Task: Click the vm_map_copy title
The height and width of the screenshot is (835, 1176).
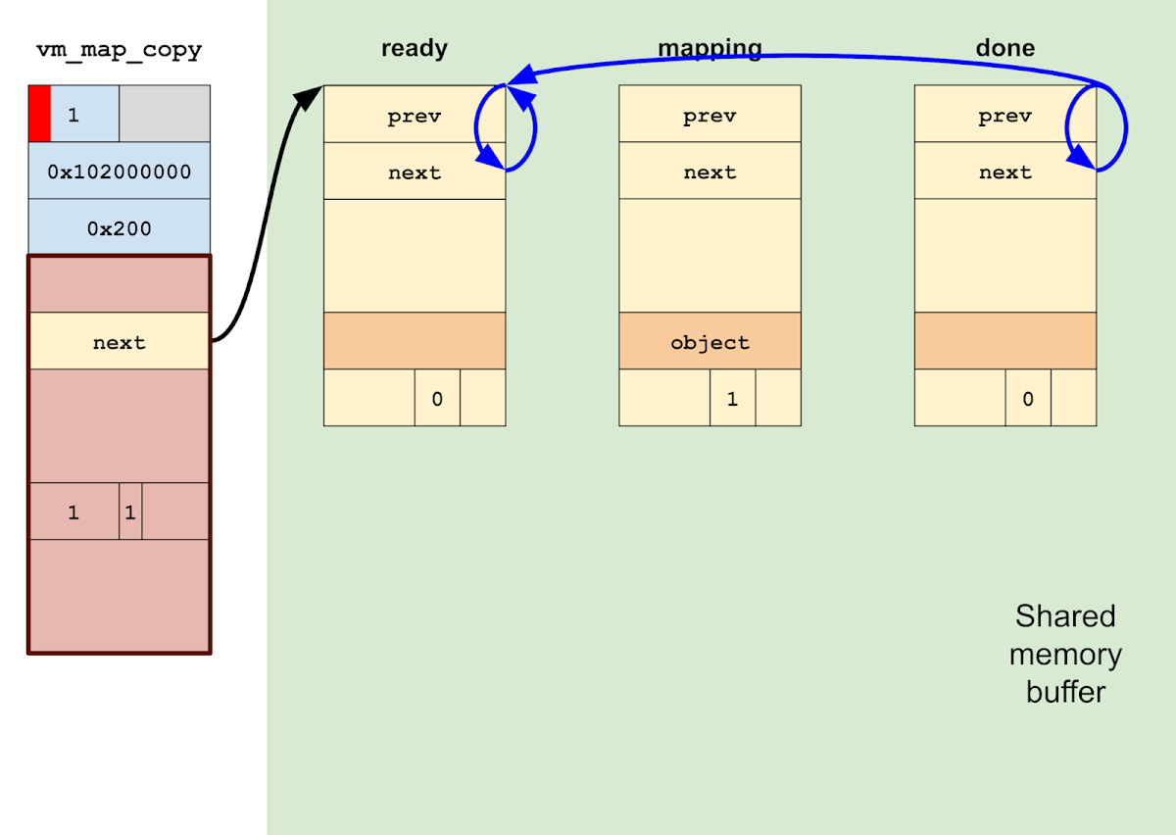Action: [x=119, y=50]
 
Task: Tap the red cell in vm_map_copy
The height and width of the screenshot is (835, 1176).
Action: [x=39, y=114]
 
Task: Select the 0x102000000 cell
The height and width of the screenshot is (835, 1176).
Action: [x=119, y=172]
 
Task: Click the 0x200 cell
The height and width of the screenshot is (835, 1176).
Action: [x=119, y=228]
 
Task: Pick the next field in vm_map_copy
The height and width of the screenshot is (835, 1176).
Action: [x=119, y=342]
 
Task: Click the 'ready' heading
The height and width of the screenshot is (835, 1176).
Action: [x=414, y=48]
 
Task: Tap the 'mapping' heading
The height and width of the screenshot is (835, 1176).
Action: [x=710, y=48]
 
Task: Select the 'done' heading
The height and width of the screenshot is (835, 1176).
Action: [x=1004, y=48]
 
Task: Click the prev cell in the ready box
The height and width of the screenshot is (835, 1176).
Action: [x=414, y=116]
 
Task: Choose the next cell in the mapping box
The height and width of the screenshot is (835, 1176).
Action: [x=710, y=172]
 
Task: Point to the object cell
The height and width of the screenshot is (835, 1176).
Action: [x=710, y=342]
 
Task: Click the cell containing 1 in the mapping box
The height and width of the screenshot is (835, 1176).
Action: [x=732, y=399]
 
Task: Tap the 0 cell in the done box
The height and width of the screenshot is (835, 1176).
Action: [x=1027, y=399]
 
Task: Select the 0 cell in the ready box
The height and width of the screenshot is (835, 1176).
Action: [x=437, y=399]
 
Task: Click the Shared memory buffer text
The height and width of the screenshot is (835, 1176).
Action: [x=1065, y=654]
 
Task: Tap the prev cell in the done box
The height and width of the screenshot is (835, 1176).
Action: [x=1004, y=116]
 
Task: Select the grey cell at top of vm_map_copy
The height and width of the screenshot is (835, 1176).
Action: [x=164, y=114]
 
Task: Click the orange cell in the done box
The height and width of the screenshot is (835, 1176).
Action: [x=1004, y=341]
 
